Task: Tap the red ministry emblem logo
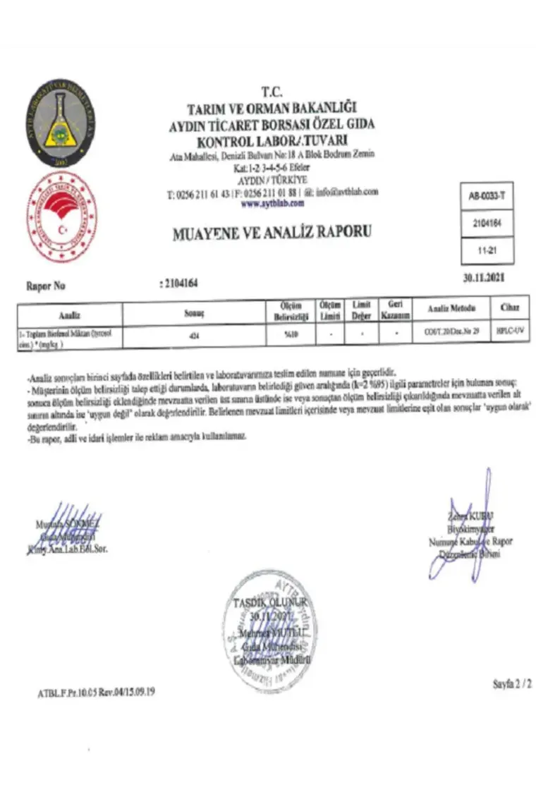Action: tap(61, 216)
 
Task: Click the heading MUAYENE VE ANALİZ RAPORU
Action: tap(272, 232)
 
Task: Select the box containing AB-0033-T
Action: tap(487, 197)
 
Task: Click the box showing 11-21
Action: tap(487, 250)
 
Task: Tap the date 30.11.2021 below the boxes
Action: tap(484, 278)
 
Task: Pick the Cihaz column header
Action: tap(509, 308)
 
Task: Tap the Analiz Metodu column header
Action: tap(452, 309)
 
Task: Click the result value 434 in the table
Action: tap(193, 336)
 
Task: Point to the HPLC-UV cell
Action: tap(508, 330)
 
